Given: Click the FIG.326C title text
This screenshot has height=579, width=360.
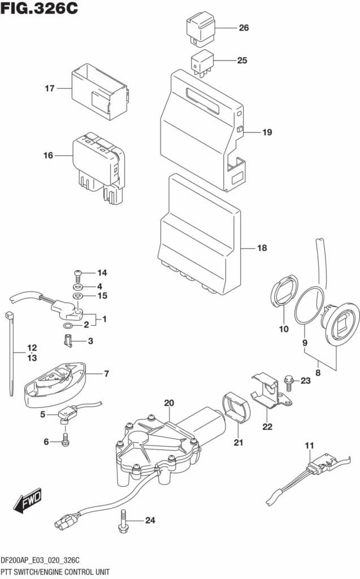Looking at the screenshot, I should (x=40, y=10).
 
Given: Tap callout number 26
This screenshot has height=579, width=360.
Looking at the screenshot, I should (x=244, y=28).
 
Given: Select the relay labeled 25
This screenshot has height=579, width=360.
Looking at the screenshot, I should (x=202, y=62).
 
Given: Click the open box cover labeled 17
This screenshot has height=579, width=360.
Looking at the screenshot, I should (x=99, y=93).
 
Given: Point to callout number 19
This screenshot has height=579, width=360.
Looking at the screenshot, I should (x=267, y=133).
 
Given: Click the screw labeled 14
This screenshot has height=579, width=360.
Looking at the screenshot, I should (x=78, y=274).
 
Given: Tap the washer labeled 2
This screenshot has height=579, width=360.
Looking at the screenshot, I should (x=67, y=326).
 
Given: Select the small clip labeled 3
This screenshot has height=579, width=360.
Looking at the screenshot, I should (x=67, y=340).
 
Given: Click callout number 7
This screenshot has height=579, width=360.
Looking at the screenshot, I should (x=106, y=374).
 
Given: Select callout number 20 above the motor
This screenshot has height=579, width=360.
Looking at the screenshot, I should (x=168, y=403).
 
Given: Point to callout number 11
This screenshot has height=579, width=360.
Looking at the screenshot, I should (x=309, y=446).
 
